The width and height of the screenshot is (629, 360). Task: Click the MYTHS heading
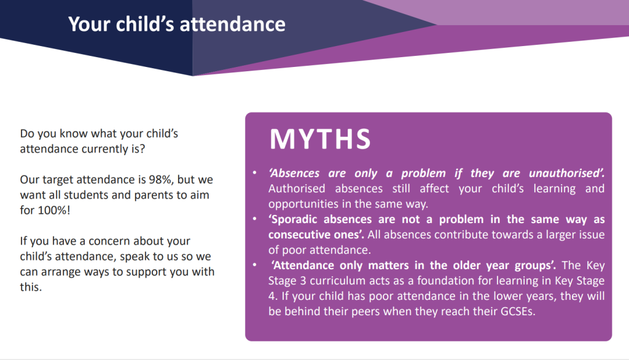pos(320,139)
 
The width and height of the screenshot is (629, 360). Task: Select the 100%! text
pos(54,210)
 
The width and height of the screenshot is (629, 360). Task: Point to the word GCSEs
pos(517,311)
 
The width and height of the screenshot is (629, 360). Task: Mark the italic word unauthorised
pos(566,173)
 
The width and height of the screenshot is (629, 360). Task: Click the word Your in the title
pos(89,24)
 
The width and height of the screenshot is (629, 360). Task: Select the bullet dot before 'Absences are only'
pos(254,173)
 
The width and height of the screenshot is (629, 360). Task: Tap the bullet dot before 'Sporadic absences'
pos(254,219)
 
